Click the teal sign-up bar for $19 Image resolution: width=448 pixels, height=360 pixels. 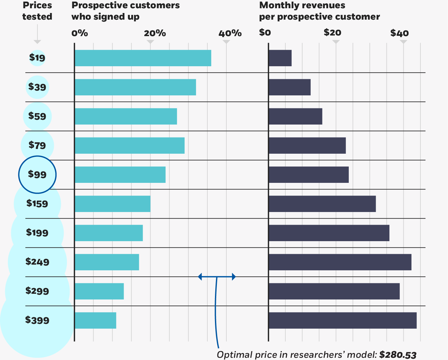[143, 58]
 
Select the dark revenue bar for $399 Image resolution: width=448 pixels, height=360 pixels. [342, 320]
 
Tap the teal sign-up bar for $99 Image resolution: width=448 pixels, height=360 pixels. [120, 175]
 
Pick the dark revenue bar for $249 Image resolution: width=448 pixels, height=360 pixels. [340, 262]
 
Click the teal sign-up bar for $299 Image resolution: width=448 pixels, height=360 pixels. [99, 291]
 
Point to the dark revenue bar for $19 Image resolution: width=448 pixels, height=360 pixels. [280, 58]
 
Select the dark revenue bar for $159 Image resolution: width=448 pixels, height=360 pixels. [322, 204]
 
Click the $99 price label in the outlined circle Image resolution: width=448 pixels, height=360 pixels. [37, 174]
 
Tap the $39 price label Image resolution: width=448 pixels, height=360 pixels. [37, 87]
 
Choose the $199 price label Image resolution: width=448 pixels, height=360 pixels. [37, 233]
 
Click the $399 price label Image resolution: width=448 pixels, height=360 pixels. [37, 320]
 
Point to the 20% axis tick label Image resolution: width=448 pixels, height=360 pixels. [155, 33]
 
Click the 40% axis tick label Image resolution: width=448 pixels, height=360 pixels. [230, 33]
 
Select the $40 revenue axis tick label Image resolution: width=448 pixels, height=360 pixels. [399, 33]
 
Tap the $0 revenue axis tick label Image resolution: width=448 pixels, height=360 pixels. [265, 33]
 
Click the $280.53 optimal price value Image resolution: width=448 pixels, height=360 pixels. [398, 355]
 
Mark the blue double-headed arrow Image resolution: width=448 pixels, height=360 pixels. [217, 277]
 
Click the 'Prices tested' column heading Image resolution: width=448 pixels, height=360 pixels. [37, 11]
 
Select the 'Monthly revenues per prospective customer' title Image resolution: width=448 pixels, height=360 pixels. [319, 11]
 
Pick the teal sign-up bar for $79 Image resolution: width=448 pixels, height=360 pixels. [130, 145]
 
